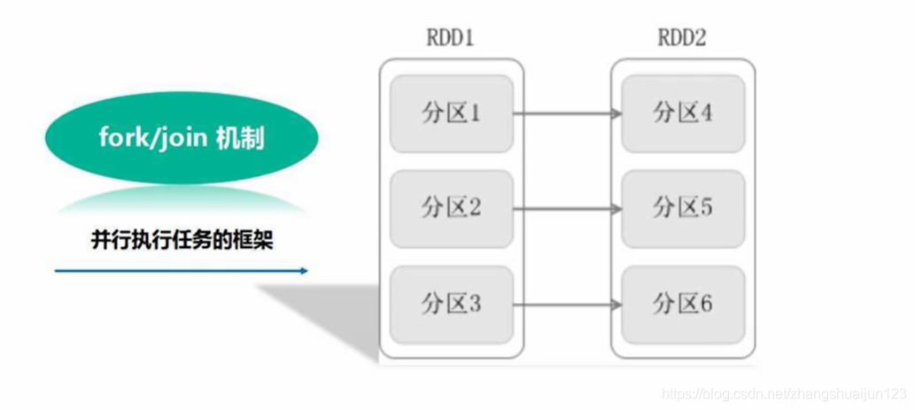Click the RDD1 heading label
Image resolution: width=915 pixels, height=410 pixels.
(x=451, y=40)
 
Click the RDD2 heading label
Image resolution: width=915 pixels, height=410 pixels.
(x=683, y=40)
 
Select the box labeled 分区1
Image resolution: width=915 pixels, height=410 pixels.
(x=451, y=113)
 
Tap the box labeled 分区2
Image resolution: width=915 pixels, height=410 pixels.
(x=451, y=209)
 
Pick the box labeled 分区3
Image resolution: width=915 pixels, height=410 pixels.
(x=451, y=305)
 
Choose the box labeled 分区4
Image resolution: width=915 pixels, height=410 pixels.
(x=683, y=113)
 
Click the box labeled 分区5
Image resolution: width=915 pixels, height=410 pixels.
(x=683, y=209)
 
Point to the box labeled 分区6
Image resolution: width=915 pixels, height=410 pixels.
(x=683, y=305)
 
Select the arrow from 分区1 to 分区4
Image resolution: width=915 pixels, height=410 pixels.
(x=567, y=114)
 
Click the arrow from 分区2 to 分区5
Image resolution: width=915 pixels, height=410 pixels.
(x=567, y=210)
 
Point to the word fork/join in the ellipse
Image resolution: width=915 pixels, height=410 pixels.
(x=152, y=140)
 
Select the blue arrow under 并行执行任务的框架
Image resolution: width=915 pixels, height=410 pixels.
(x=182, y=271)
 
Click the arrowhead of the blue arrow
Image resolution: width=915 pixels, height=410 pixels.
(x=304, y=271)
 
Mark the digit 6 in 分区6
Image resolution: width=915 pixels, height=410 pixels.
(x=706, y=305)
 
